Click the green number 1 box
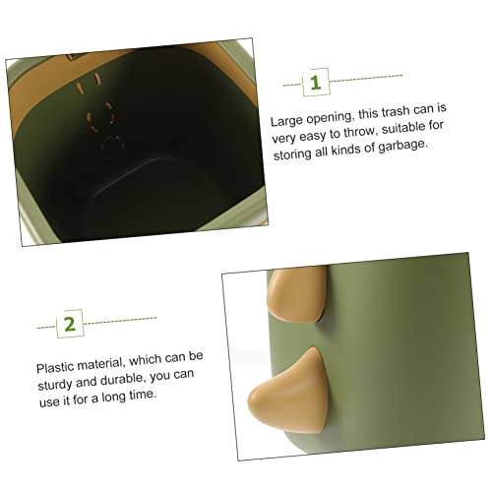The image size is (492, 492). coord(316,82)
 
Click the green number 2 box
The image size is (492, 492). coord(70,324)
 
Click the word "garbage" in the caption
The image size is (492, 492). coord(403,146)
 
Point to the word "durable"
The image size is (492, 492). coord(122,380)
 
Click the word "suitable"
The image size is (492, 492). coord(402,128)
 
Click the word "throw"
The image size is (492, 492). coord(359,132)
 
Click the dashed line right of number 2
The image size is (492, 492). coord(120,321)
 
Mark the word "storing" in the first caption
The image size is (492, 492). coord(292,154)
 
